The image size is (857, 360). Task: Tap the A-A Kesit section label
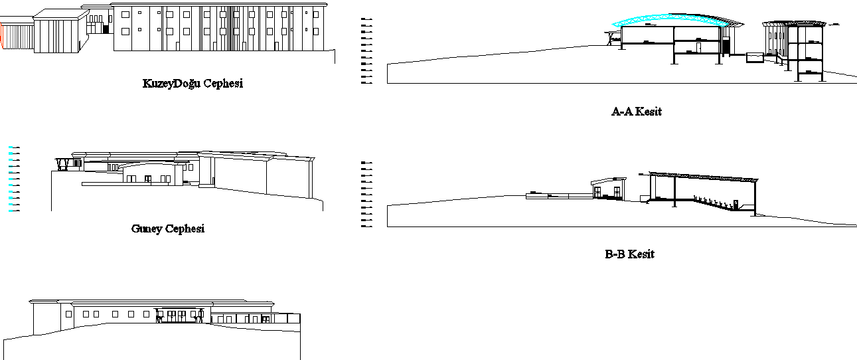[636, 112]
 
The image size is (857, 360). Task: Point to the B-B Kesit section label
[629, 254]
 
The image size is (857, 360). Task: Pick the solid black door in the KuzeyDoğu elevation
[106, 29]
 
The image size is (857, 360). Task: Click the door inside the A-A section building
[699, 47]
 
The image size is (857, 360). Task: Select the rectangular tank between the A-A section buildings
[755, 58]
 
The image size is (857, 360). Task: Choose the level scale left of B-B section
[364, 194]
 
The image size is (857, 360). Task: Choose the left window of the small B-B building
[597, 192]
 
